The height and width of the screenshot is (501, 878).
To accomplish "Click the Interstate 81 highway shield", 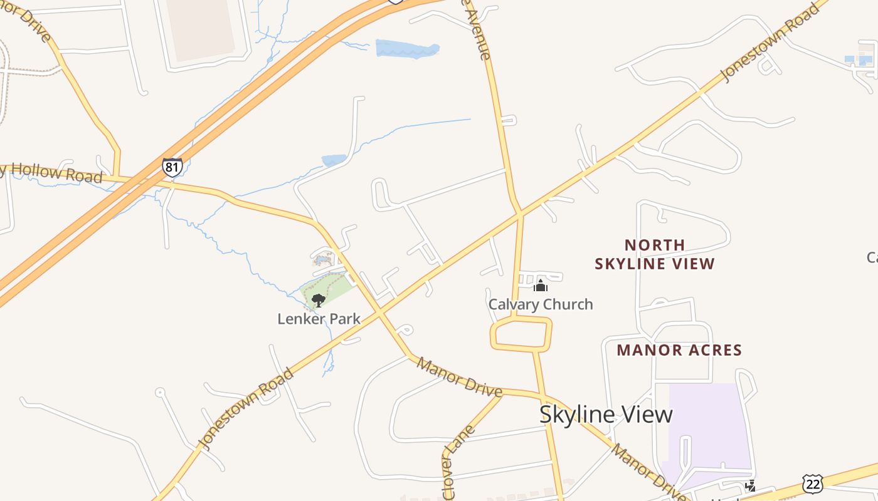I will (x=172, y=167).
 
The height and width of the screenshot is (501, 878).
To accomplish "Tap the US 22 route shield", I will (x=812, y=483).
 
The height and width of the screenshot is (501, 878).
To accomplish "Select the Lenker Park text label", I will (x=319, y=319).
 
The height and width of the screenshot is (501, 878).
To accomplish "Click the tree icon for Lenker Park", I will (x=319, y=300).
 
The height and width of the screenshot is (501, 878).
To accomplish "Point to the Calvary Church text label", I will (x=541, y=304).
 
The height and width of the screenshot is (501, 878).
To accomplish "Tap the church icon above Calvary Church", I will (x=541, y=286).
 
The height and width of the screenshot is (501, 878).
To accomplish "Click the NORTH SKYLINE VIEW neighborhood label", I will (x=655, y=254).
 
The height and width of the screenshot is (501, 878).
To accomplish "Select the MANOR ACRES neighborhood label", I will (x=679, y=349).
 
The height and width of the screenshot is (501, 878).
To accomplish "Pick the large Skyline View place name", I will (x=606, y=414).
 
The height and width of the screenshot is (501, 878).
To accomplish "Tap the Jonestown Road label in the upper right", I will (x=771, y=42).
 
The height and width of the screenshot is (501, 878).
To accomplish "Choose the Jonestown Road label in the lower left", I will (x=246, y=408).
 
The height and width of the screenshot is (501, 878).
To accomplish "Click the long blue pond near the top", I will (x=407, y=49).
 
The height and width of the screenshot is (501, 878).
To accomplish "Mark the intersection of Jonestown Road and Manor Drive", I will (x=380, y=311).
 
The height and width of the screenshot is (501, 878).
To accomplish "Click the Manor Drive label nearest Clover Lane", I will (x=459, y=377).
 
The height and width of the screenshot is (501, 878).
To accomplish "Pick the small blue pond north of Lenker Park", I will (x=334, y=160).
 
